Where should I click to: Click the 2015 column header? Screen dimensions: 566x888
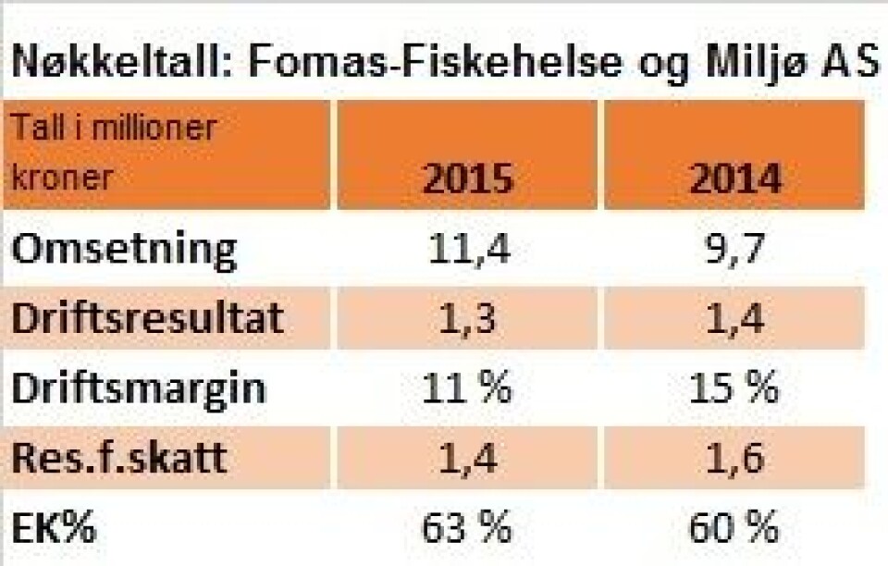point(466,178)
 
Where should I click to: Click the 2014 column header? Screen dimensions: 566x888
point(734,178)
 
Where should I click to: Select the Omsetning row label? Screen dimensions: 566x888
point(124,250)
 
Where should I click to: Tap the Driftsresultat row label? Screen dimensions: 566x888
point(147,318)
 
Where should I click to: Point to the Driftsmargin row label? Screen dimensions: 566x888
point(139,388)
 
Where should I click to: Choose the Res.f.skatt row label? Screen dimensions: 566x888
point(119,458)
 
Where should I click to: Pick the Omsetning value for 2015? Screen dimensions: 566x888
point(466,250)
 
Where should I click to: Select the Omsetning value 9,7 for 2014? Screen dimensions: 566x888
point(734,250)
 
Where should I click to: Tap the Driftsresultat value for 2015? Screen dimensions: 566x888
point(466,319)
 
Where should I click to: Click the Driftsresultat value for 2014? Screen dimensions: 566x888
point(734,319)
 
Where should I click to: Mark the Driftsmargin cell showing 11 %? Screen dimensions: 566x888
point(466,388)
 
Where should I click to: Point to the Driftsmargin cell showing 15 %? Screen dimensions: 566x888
point(734,388)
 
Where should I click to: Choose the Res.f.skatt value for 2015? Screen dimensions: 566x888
point(466,458)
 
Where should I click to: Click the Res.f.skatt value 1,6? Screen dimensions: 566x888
point(734,458)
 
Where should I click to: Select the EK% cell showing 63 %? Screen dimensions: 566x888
point(466,529)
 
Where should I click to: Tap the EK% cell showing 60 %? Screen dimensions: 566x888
point(734,529)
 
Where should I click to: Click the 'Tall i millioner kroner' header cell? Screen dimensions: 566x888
point(166,154)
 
